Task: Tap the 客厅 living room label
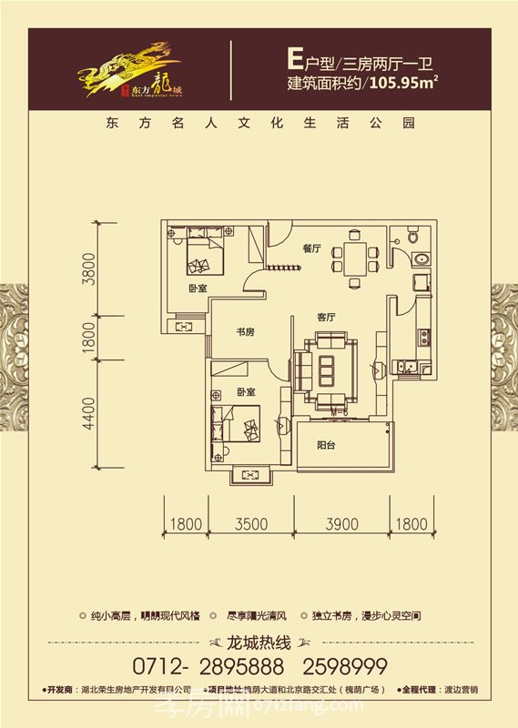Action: click(x=327, y=318)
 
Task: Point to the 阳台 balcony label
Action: click(x=329, y=446)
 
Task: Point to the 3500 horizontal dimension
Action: click(x=249, y=523)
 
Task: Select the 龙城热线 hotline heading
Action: click(x=259, y=641)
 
